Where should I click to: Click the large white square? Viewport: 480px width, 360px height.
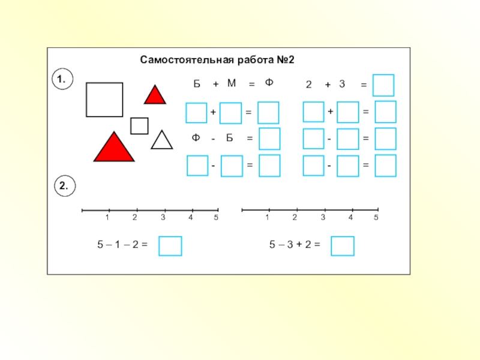point(104,100)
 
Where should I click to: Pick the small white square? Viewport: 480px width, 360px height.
point(139,126)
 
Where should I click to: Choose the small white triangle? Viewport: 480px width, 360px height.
point(161,142)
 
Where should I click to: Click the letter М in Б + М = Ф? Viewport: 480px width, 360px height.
point(232,84)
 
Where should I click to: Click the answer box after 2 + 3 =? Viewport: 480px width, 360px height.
point(383,85)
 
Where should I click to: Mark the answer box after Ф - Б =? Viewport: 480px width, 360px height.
point(269,139)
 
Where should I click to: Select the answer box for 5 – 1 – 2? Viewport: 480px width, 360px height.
point(170,246)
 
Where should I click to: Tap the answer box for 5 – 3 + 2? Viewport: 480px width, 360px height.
point(343,246)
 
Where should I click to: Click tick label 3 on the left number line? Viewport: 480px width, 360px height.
point(163,218)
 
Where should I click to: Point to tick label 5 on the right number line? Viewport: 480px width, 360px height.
point(377,217)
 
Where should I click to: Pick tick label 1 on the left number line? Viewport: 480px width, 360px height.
point(107,218)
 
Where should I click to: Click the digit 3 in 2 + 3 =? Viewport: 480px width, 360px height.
point(342,85)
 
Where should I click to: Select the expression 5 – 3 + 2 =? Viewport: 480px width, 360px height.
point(295,245)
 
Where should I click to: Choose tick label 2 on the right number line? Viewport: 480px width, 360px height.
point(295,217)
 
